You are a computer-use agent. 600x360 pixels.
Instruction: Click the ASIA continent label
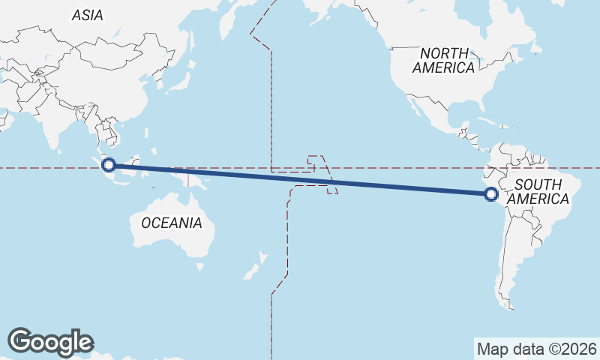click(x=88, y=15)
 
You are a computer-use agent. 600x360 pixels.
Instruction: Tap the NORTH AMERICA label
click(x=444, y=60)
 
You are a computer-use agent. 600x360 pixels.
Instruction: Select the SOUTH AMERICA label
click(x=538, y=192)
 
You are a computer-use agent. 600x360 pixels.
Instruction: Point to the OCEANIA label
click(x=172, y=223)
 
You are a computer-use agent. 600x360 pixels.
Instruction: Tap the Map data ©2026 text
click(x=537, y=349)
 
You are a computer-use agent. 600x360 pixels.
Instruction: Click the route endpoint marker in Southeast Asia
click(x=109, y=165)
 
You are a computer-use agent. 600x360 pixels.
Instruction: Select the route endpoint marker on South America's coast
click(x=491, y=195)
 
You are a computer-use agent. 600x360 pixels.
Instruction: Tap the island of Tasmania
click(x=200, y=265)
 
